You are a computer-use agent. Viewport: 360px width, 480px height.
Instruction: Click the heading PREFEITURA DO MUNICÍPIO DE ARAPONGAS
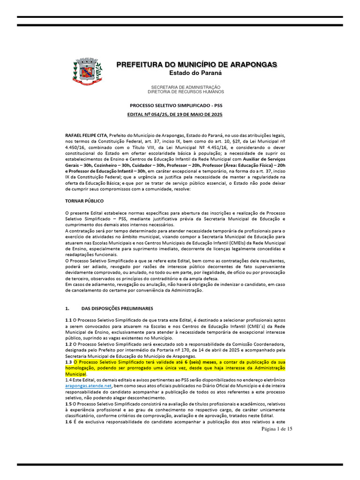click(196, 64)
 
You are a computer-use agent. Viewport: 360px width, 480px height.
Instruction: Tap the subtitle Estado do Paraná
click(195, 73)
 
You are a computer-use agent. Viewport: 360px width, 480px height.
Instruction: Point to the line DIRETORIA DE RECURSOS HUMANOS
click(186, 92)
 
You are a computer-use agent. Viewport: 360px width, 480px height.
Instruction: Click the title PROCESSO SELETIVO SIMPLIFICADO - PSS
click(176, 106)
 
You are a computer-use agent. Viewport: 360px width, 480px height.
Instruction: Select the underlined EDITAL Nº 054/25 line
click(175, 114)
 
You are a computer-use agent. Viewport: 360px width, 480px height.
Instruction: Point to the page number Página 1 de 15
click(277, 429)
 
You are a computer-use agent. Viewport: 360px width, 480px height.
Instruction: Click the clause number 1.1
click(68, 320)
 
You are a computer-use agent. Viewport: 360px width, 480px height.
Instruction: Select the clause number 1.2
click(68, 344)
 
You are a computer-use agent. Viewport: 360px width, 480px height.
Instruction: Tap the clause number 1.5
click(68, 403)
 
